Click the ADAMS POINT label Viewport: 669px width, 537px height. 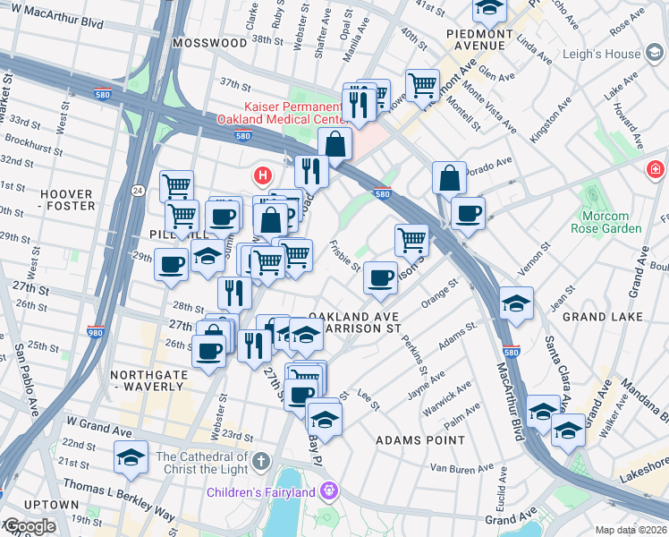(x=420, y=440)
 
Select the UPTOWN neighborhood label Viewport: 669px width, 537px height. (x=39, y=505)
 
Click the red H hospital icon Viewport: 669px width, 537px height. (x=263, y=175)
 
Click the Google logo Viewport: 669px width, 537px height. (x=29, y=527)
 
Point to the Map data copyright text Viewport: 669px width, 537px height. (x=631, y=530)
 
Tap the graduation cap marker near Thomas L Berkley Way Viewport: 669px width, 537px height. (x=131, y=459)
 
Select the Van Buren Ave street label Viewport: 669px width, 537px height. (x=462, y=468)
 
